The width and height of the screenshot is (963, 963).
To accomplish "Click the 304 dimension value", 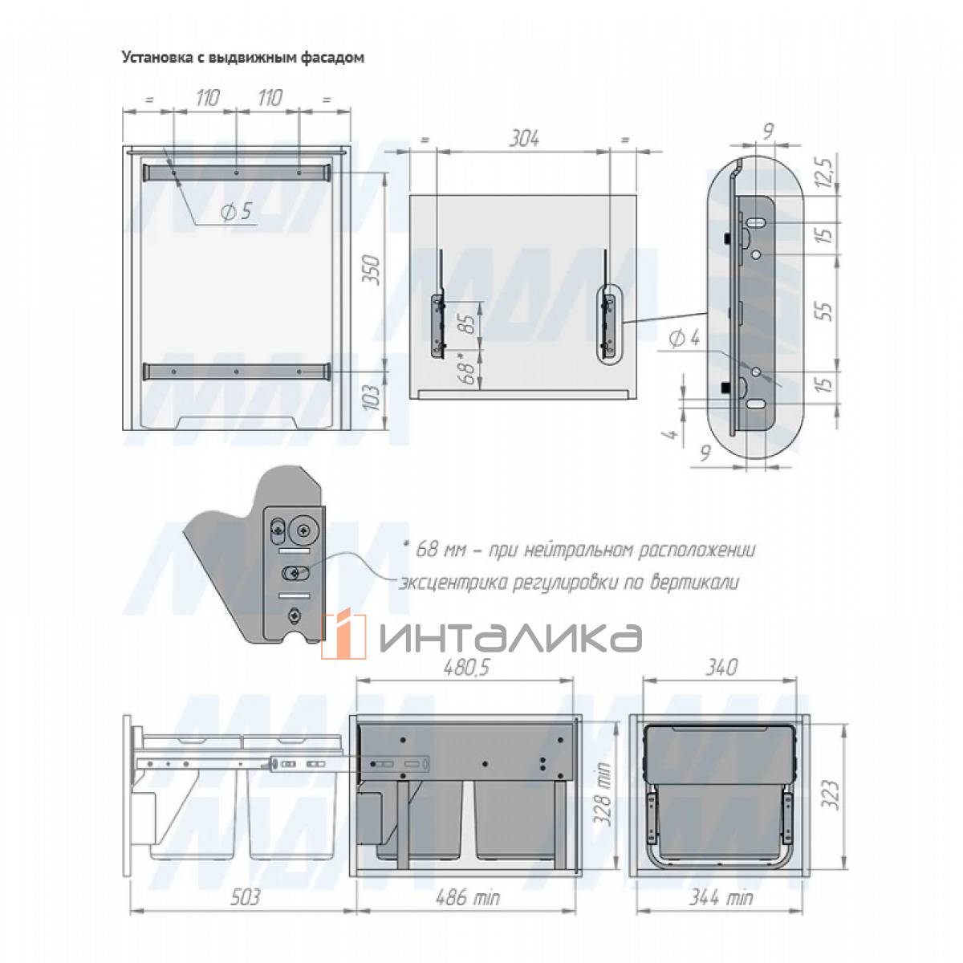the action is [524, 139].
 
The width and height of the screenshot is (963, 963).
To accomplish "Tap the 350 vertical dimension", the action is [371, 270].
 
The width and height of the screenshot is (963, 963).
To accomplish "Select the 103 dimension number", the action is [371, 397].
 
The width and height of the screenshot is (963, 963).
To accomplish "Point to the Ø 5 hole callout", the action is [236, 212].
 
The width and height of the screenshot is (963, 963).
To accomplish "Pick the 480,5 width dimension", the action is [465, 668].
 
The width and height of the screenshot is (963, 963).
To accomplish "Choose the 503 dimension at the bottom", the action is [245, 897].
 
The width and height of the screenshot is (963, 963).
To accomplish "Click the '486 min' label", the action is [467, 897].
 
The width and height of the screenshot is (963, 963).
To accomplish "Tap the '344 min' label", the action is [721, 897].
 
